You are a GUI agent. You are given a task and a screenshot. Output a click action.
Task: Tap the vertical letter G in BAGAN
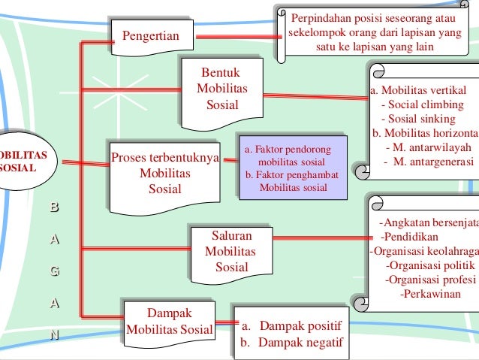click(53, 269)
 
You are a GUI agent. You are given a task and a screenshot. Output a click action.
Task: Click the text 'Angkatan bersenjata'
click(429, 222)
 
